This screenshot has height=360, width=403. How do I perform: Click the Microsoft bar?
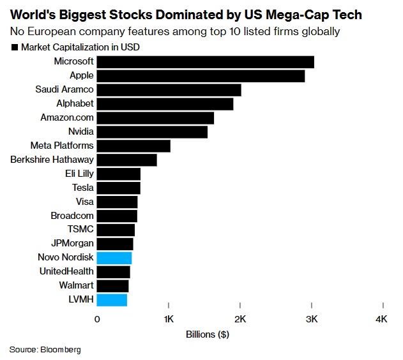(x=205, y=62)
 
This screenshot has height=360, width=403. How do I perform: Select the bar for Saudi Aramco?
(x=169, y=89)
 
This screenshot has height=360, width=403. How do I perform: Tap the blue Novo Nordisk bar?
(x=114, y=258)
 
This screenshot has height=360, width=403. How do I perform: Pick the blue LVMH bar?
(x=112, y=300)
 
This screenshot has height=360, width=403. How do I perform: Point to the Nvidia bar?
(x=152, y=131)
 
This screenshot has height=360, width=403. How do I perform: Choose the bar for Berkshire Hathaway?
(x=126, y=160)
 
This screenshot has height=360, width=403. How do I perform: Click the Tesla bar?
(x=118, y=188)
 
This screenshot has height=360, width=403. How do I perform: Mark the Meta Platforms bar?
(x=133, y=146)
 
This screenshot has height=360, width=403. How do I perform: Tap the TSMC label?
(x=80, y=230)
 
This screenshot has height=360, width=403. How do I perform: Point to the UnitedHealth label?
(x=66, y=272)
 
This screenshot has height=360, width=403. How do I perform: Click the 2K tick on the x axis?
(x=240, y=319)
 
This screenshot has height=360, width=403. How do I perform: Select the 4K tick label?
(x=382, y=319)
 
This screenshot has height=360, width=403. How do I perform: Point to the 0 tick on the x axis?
(x=97, y=319)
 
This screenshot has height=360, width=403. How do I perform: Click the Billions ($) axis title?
(x=208, y=334)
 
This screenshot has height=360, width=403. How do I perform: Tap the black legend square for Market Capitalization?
(x=14, y=47)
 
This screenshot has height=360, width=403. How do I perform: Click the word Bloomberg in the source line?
(x=62, y=350)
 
